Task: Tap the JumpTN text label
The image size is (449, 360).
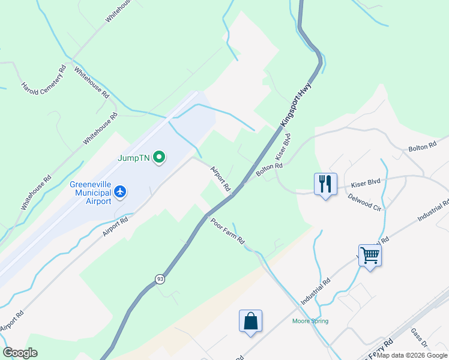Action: pos(134,158)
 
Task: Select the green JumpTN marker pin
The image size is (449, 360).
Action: pos(159,158)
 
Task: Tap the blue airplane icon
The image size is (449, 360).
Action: pos(121,192)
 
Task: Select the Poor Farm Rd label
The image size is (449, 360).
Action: pos(228,231)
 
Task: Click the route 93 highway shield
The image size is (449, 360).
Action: pos(159,279)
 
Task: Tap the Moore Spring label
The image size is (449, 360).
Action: pos(310,321)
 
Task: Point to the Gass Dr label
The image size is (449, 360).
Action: pos(418,339)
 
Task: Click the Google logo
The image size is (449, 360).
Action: pos(20,353)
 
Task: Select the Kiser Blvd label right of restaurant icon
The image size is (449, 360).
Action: pos(366,181)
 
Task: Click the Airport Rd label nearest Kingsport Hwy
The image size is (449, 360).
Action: pos(220,179)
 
